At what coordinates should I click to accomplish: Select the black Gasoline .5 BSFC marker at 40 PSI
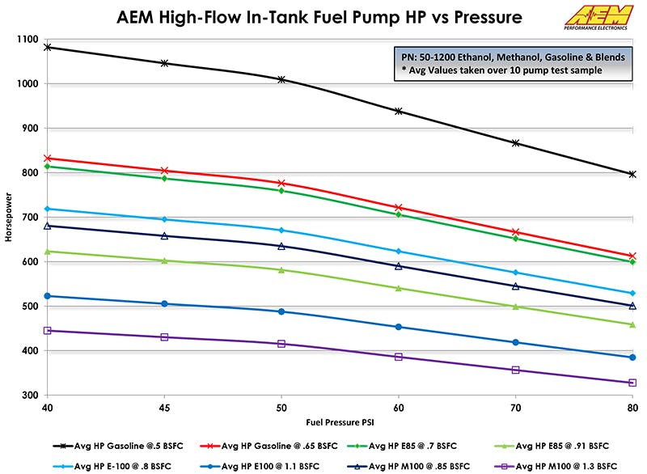pyautogui.click(x=48, y=47)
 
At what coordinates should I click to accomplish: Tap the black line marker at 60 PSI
pyautogui.click(x=399, y=111)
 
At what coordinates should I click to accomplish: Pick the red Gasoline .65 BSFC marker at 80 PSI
pyautogui.click(x=632, y=256)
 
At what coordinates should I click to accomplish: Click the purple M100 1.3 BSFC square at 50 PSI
pyautogui.click(x=281, y=344)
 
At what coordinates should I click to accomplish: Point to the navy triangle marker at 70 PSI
pyautogui.click(x=515, y=286)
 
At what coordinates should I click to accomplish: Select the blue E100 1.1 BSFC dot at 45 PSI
pyautogui.click(x=165, y=304)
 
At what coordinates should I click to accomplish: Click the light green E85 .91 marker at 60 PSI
pyautogui.click(x=399, y=288)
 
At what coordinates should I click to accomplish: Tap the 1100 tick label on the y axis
pyautogui.click(x=26, y=40)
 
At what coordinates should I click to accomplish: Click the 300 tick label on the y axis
pyautogui.click(x=28, y=396)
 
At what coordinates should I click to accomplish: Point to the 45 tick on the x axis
pyautogui.click(x=165, y=408)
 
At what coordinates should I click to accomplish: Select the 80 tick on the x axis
pyautogui.click(x=632, y=408)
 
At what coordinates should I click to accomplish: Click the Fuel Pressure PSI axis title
pyautogui.click(x=339, y=422)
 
